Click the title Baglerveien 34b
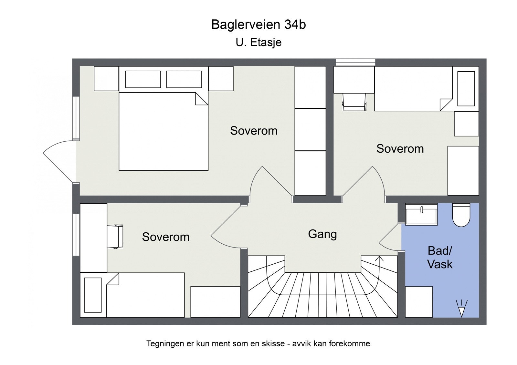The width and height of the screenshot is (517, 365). pos(258,25)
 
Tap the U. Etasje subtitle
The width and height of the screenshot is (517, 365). pos(258,42)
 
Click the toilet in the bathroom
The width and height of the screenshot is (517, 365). pos(461,215)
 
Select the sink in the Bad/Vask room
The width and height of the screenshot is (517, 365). pos(421,214)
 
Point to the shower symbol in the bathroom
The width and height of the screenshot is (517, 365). pos(461,309)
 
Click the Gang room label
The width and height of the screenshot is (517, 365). pos(322,234)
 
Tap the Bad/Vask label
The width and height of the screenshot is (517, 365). pos(440,258)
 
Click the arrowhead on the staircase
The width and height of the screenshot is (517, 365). pos(379,259)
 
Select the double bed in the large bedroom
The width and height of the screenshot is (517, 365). pos(164,118)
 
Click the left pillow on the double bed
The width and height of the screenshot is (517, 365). pos(143,79)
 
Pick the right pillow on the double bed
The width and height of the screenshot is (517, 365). pos(184,79)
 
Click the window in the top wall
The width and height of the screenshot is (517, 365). pos(355,62)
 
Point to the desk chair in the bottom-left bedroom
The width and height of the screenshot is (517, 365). pos(115,237)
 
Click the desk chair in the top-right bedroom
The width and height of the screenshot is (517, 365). pos(354,102)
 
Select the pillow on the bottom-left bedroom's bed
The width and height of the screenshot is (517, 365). pos(93,295)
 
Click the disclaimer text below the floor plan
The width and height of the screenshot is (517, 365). pos(258,344)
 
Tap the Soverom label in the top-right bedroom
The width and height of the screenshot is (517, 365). pos(400,149)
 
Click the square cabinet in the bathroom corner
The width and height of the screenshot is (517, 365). pos(419,302)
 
